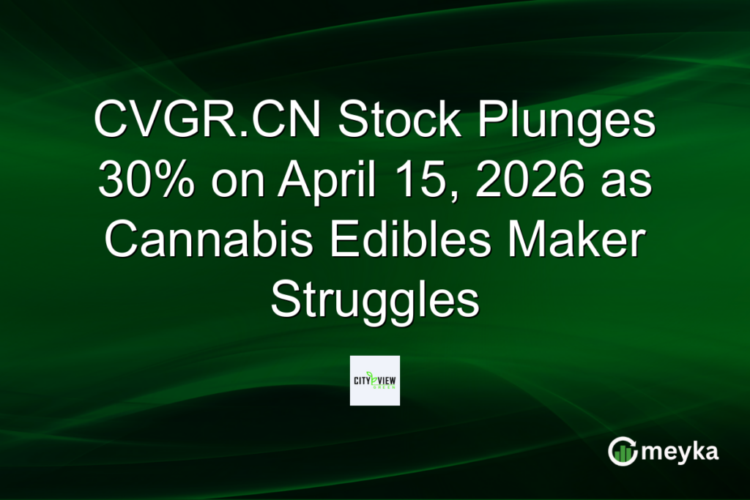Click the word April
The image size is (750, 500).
[x=325, y=181]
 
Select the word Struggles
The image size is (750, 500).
[x=375, y=299]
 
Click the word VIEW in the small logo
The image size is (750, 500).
[x=387, y=381]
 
